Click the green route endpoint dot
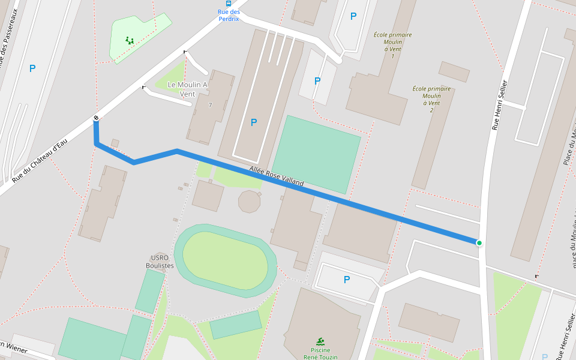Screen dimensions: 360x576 tap(479, 243)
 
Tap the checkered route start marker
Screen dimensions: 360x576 tap(96, 118)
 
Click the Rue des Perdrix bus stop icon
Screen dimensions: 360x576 tap(229, 4)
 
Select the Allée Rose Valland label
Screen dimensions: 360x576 tap(277, 175)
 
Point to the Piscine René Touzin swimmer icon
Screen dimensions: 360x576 tap(320, 341)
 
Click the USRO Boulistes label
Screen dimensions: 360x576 tap(160, 262)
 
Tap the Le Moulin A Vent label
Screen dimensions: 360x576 tap(188, 89)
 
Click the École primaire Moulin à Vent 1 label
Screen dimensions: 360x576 tap(392, 46)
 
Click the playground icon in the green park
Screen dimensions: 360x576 tap(130, 41)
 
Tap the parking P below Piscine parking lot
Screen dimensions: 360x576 tap(346, 280)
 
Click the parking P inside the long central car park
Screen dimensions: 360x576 tap(254, 122)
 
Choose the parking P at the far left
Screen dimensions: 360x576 tap(32, 69)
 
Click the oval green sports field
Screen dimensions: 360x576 tap(225, 260)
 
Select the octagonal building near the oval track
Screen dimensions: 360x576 tap(249, 202)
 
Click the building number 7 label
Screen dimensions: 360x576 tap(210, 106)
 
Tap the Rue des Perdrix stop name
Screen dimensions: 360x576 tap(229, 15)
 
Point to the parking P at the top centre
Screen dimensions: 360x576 tap(353, 17)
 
